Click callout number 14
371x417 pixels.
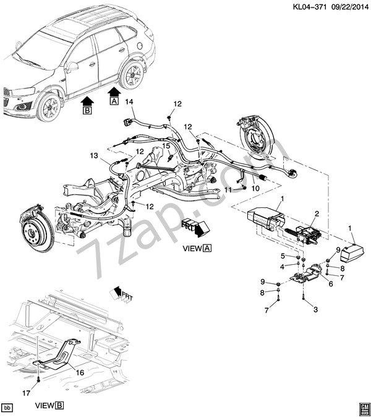[129, 102]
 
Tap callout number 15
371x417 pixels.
[166, 146]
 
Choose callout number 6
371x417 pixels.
[330, 284]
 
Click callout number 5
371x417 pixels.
[281, 256]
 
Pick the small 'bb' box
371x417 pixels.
[8, 407]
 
